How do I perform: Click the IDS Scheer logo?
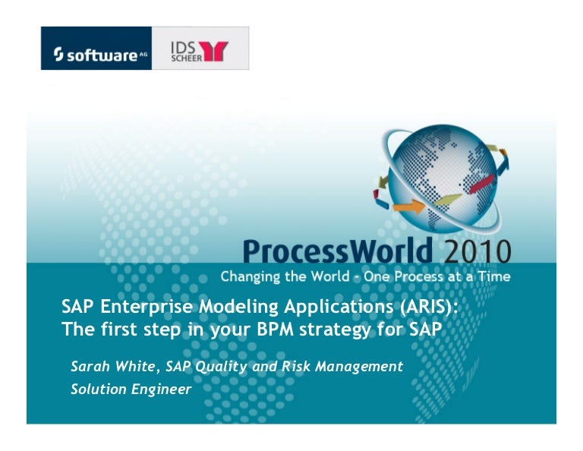[200, 48]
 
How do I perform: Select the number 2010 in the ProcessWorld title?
[475, 251]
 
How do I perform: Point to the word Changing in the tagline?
[251, 276]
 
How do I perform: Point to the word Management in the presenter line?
[360, 367]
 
